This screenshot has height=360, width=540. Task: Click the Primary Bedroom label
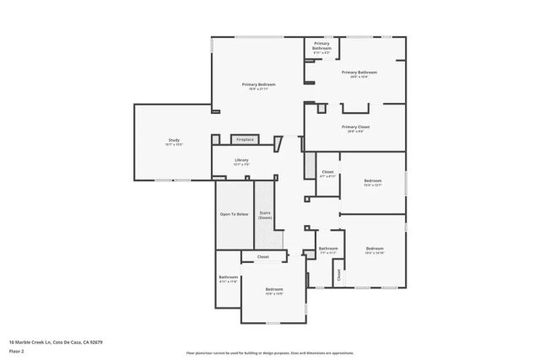click(x=258, y=84)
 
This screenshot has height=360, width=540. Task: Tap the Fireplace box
click(x=245, y=139)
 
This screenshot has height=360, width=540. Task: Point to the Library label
click(x=241, y=159)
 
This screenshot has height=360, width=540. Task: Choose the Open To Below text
click(x=234, y=214)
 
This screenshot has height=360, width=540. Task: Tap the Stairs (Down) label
click(x=265, y=215)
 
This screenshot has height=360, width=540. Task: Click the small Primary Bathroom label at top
click(x=321, y=46)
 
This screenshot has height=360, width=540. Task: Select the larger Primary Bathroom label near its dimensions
click(x=359, y=73)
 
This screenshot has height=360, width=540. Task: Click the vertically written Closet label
click(x=338, y=274)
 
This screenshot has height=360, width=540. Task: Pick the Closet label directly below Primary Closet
click(x=328, y=172)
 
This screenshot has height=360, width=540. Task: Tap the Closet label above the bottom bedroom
click(x=262, y=256)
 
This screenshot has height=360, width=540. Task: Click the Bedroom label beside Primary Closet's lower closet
click(x=372, y=180)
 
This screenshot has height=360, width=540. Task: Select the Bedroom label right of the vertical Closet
click(x=375, y=248)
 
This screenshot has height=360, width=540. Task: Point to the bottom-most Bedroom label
click(x=274, y=289)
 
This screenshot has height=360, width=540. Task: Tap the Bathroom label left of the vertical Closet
click(x=327, y=248)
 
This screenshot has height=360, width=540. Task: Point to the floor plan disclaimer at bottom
click(x=270, y=353)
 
